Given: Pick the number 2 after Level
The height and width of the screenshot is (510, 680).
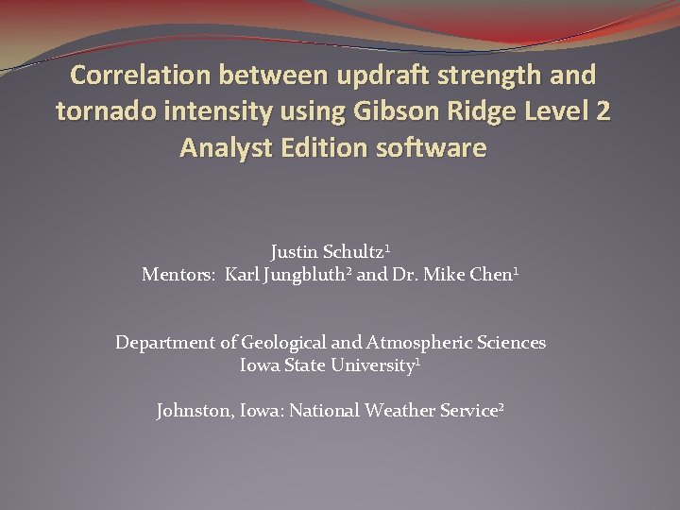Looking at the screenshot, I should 603,111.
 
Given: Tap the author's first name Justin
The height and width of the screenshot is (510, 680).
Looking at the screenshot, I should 296,252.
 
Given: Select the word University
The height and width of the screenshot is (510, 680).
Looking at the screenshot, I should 373,365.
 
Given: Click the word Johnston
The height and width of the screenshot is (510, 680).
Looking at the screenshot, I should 195,411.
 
